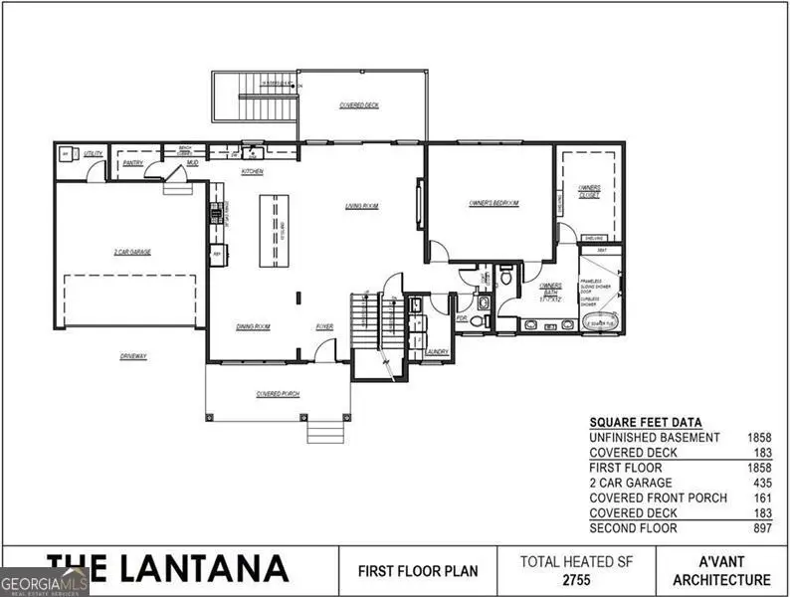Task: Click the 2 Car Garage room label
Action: point(132,253)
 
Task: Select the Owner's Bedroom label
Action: point(494,203)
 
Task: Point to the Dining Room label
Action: point(254,326)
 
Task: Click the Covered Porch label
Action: point(278,395)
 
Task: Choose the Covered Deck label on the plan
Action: point(358,104)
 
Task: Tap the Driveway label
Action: point(132,355)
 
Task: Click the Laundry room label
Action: point(436,351)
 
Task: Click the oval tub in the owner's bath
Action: point(601,322)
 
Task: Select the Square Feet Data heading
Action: point(645,422)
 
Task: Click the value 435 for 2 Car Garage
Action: point(761,483)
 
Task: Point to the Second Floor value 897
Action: point(761,528)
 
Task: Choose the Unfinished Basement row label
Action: point(654,438)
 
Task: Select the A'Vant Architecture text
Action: point(721,570)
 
